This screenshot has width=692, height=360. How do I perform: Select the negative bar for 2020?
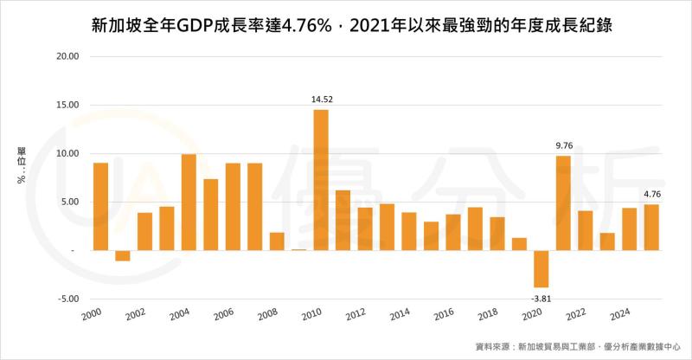541,268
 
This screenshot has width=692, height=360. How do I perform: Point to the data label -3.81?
541,299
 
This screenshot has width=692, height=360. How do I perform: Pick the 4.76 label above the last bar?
653,194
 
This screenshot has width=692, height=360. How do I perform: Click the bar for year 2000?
100,206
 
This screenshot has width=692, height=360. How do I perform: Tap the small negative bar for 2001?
122,255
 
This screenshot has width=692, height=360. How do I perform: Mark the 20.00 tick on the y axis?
67,56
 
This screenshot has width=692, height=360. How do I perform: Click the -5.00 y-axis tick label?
67,299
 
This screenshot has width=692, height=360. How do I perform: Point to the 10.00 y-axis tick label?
67,153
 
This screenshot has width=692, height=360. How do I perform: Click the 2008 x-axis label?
268,315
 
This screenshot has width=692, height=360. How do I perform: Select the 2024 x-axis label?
620,315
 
